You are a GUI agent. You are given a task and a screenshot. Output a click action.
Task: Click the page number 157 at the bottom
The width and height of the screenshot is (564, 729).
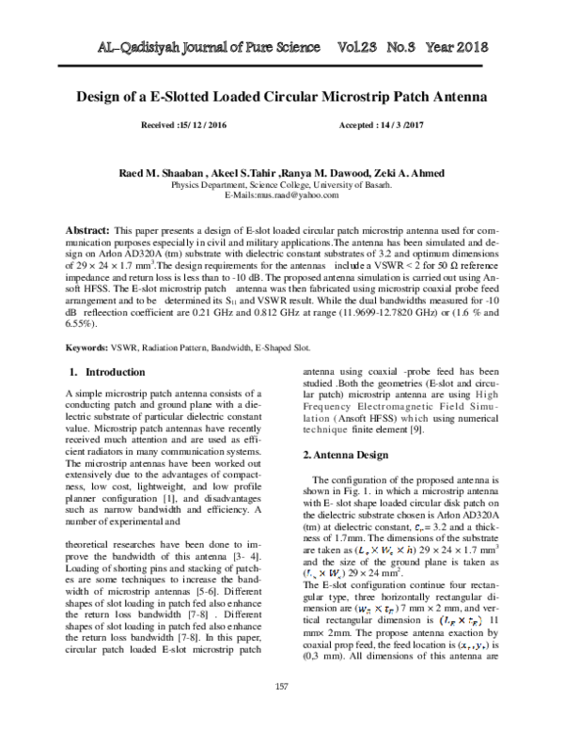pyautogui.click(x=281, y=687)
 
